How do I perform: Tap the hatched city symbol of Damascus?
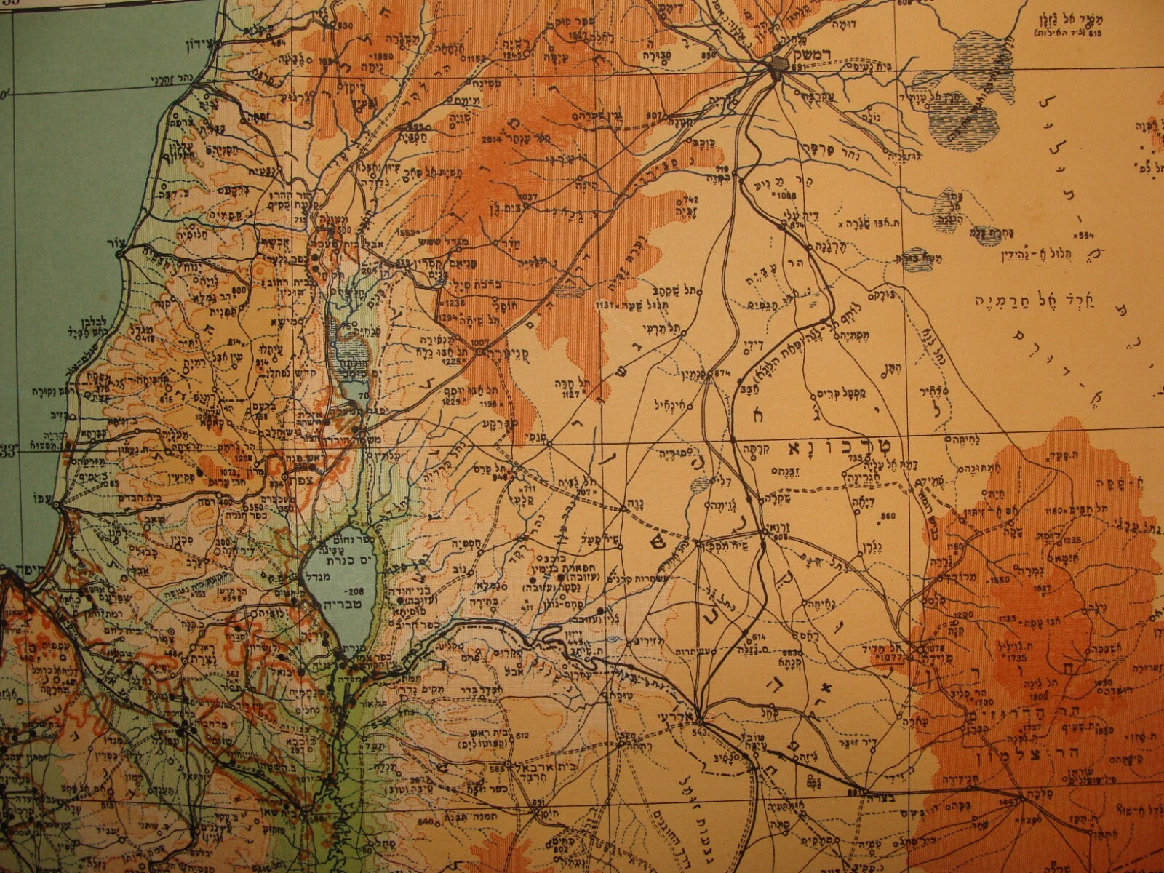coord(776,65)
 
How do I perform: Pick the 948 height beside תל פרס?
coord(502,479)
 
